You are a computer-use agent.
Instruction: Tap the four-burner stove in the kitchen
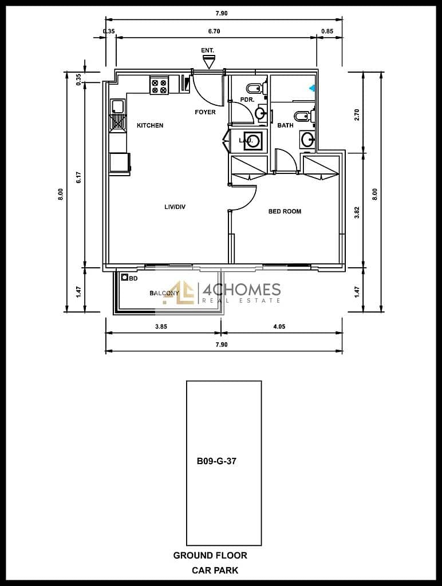coord(159,85)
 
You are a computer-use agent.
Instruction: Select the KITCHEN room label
coord(150,125)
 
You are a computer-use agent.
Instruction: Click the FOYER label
coord(205,112)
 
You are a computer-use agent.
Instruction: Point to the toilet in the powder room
coord(256,89)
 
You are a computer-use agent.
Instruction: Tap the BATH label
coord(285,125)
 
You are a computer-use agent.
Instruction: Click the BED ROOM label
coord(285,211)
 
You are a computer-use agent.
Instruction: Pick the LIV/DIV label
coord(175,207)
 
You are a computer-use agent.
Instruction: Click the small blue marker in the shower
coord(312,88)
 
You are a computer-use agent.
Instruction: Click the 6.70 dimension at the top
coord(214,31)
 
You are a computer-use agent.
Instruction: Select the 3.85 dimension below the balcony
coord(161,326)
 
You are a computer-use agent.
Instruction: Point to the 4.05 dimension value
coord(279,326)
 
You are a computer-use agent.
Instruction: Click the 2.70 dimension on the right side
coord(357,114)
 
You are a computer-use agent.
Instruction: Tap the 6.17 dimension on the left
coord(78,177)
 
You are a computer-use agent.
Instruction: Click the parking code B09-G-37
coord(216,461)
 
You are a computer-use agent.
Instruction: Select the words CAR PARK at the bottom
coord(215,571)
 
